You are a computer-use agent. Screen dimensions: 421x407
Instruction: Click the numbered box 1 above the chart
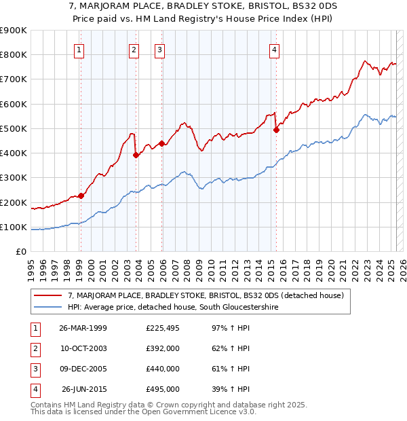(x=80, y=50)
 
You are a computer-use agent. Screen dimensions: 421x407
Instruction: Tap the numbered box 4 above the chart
(x=274, y=50)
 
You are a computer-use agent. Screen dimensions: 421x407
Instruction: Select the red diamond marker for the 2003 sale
(x=136, y=155)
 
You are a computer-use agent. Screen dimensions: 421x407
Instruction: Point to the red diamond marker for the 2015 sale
(x=276, y=130)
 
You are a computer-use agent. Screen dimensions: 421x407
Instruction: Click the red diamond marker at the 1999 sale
(x=81, y=196)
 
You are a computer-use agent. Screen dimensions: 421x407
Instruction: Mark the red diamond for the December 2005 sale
(x=162, y=143)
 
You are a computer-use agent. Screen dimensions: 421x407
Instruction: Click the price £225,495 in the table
(x=162, y=328)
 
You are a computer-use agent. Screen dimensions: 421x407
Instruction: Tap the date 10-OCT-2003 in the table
(x=83, y=348)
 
